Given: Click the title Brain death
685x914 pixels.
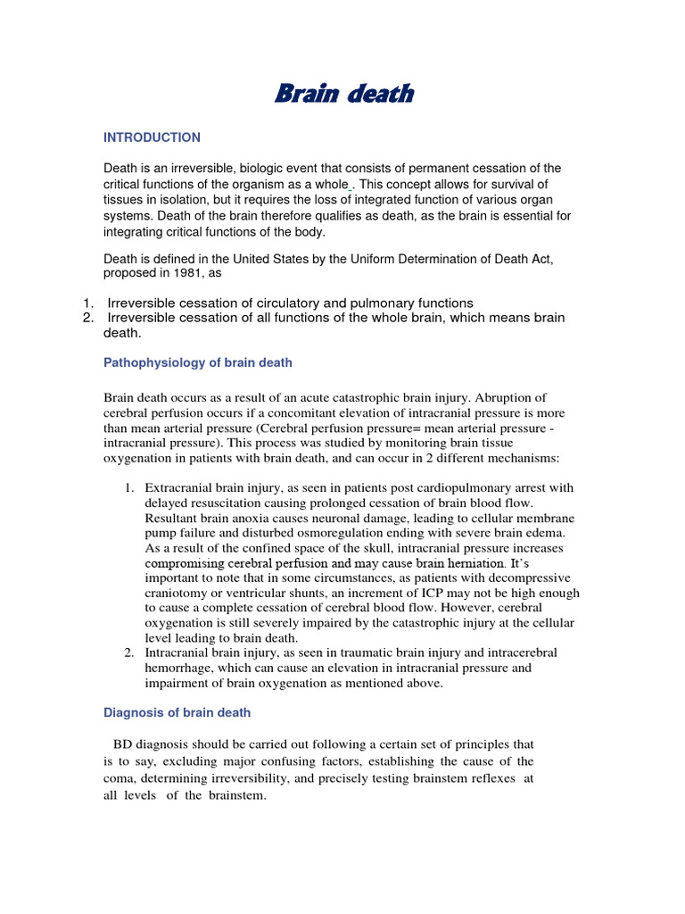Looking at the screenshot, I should click(x=343, y=94).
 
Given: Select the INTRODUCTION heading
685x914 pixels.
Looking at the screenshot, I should click(x=153, y=137).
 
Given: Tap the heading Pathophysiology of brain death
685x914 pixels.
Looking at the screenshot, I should click(x=198, y=362).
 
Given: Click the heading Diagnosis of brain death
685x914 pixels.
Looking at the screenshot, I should click(x=177, y=712).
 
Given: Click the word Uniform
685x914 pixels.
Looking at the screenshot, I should click(x=392, y=259).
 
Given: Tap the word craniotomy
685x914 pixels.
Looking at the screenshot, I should click(x=180, y=594).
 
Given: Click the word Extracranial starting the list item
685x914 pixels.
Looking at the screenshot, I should click(x=179, y=488).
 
